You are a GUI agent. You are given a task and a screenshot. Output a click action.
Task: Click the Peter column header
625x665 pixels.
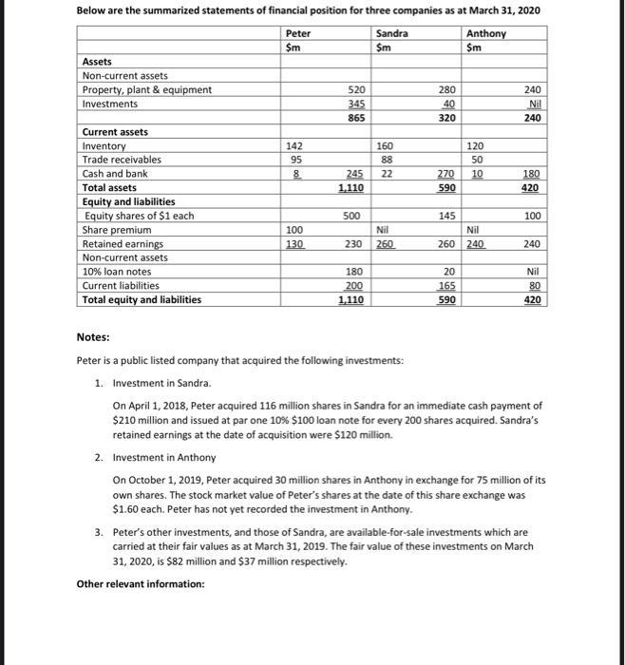tap(298, 33)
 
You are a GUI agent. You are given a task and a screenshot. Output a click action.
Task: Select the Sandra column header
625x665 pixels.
tap(392, 33)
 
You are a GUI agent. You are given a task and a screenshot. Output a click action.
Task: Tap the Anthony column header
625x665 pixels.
tap(486, 33)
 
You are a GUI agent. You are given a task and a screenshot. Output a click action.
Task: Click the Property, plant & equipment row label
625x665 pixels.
tap(147, 89)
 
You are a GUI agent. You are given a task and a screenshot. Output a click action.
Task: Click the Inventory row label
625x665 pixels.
tap(104, 146)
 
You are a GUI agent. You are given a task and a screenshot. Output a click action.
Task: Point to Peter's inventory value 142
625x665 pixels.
tap(294, 146)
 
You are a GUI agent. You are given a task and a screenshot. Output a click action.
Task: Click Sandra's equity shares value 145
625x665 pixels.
tap(446, 216)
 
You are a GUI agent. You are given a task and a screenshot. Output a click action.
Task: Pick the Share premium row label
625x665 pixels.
tap(117, 230)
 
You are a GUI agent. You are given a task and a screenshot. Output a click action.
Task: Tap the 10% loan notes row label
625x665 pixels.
tap(117, 272)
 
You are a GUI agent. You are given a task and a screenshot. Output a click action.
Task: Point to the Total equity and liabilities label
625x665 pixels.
tap(142, 299)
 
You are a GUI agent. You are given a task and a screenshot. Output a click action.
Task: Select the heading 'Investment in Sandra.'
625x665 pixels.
tap(162, 383)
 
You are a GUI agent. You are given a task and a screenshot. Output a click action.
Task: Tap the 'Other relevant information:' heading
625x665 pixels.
tap(141, 583)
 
